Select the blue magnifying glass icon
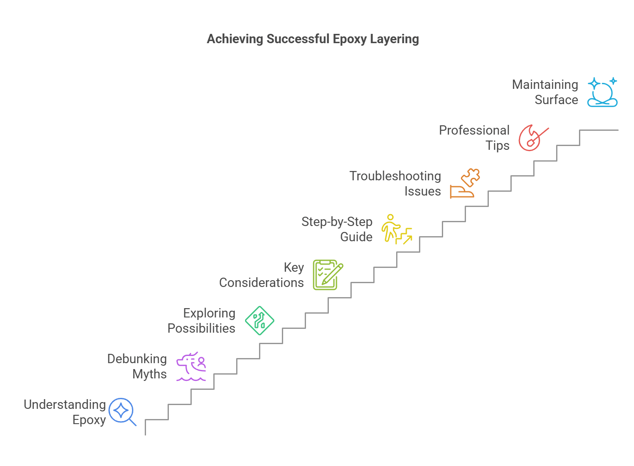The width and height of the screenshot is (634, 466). tap(122, 411)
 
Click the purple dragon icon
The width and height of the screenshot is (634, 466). tap(191, 367)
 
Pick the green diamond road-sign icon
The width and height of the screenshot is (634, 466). tap(259, 321)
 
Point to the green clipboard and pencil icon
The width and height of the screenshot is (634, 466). tap(327, 275)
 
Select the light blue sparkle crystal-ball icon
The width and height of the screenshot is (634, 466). tap(602, 92)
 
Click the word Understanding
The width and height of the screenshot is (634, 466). tap(65, 405)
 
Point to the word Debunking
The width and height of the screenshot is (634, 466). tap(137, 359)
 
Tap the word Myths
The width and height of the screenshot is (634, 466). tap(149, 374)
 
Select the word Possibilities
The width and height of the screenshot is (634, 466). tap(201, 328)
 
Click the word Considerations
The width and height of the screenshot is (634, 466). tap(261, 283)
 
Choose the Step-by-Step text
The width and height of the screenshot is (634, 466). tap(336, 222)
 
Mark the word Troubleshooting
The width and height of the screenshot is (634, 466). tap(395, 176)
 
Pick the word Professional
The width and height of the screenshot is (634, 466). tap(474, 130)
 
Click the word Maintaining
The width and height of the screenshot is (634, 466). tap(545, 85)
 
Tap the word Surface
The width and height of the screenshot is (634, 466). tap(556, 100)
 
